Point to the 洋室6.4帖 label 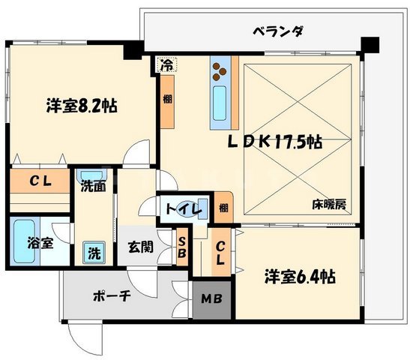click(x=298, y=277)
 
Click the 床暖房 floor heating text click(x=329, y=204)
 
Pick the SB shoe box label click(x=181, y=246)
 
